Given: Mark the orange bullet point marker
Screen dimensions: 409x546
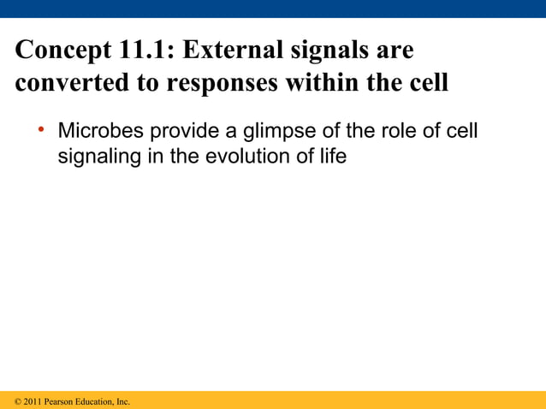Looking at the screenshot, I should click(x=40, y=131).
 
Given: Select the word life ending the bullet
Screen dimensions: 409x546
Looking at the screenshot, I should click(x=332, y=157).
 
